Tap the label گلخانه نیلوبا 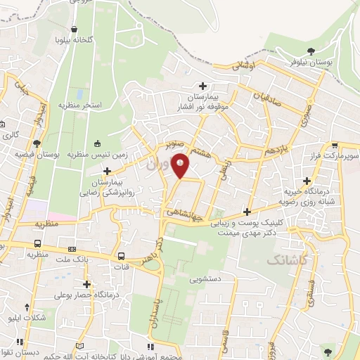(75, 40)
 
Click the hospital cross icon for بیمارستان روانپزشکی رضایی (107, 171)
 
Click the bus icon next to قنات (122, 257)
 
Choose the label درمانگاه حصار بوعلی (86, 295)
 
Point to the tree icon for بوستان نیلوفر (314, 50)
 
